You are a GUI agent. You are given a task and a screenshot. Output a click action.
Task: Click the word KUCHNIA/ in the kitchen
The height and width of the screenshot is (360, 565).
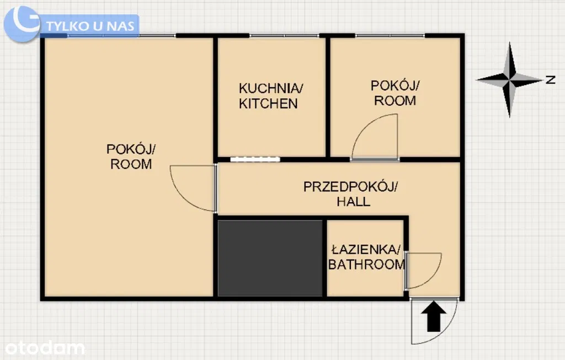click(x=271, y=88)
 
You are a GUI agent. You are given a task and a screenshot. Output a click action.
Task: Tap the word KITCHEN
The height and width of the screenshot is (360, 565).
click(x=268, y=104)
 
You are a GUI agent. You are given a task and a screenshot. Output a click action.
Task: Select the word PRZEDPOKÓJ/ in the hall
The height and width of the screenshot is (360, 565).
click(x=350, y=187)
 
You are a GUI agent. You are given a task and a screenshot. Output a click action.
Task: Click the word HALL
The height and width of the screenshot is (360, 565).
click(x=353, y=202)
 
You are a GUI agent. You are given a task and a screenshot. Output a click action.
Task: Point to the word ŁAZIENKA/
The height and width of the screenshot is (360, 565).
click(x=366, y=250)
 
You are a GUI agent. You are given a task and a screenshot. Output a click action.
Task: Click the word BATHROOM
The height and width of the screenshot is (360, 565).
click(x=366, y=265)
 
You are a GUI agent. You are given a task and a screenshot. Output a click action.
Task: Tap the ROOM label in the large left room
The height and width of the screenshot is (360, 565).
click(x=131, y=164)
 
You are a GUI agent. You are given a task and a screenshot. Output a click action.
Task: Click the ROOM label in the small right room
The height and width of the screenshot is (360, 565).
click(x=395, y=101)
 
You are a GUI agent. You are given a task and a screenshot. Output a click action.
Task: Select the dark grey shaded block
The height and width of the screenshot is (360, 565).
click(x=270, y=258)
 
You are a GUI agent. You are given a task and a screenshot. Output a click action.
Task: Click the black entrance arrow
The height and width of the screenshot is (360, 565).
click(x=434, y=316)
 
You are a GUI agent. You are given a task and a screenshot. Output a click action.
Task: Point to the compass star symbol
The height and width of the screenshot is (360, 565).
click(x=509, y=79)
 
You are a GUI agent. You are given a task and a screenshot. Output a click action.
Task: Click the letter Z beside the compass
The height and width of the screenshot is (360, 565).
click(x=550, y=79)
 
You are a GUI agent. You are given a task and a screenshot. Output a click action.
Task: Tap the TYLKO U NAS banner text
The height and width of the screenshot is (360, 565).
click(x=90, y=26)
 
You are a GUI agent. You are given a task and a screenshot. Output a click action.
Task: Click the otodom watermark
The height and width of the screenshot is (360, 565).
click(x=45, y=348)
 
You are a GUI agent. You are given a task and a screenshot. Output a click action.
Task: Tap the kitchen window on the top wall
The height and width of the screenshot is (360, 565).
click(x=284, y=36)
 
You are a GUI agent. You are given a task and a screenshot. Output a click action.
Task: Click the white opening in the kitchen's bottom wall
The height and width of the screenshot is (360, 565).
click(x=255, y=159)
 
